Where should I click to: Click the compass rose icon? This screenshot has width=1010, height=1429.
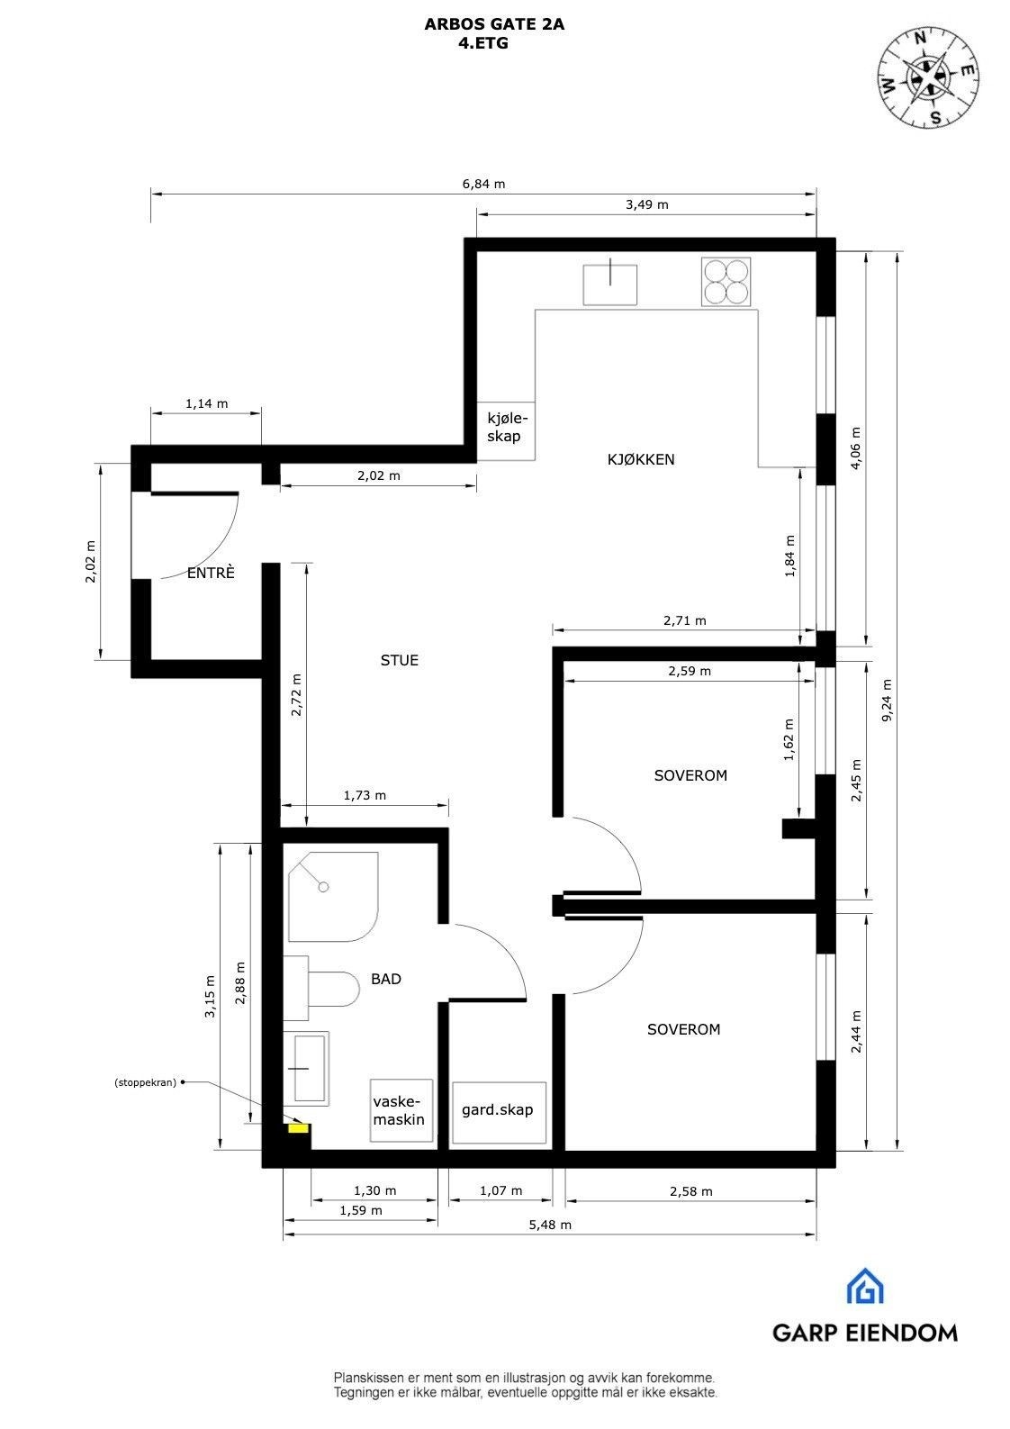pyautogui.click(x=928, y=78)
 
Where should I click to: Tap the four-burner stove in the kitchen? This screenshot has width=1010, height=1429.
pyautogui.click(x=726, y=281)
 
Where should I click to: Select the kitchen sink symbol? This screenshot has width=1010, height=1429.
pyautogui.click(x=610, y=284)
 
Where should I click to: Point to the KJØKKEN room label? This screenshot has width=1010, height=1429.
pyautogui.click(x=640, y=459)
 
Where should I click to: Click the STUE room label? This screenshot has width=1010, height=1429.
pyautogui.click(x=399, y=660)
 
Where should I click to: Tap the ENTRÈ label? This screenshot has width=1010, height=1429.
pyautogui.click(x=211, y=573)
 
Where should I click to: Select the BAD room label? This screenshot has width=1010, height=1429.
pyautogui.click(x=386, y=979)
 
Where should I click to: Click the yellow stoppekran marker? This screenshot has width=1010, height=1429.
pyautogui.click(x=296, y=1126)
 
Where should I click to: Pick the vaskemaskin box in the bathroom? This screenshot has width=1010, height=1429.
pyautogui.click(x=401, y=1110)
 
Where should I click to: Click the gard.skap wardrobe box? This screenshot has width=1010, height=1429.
pyautogui.click(x=499, y=1111)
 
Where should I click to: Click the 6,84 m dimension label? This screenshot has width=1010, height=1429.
pyautogui.click(x=483, y=184)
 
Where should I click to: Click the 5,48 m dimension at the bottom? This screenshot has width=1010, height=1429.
pyautogui.click(x=549, y=1225)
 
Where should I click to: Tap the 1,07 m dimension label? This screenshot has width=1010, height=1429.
pyautogui.click(x=500, y=1190)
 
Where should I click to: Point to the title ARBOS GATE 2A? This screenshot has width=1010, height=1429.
pyautogui.click(x=494, y=25)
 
